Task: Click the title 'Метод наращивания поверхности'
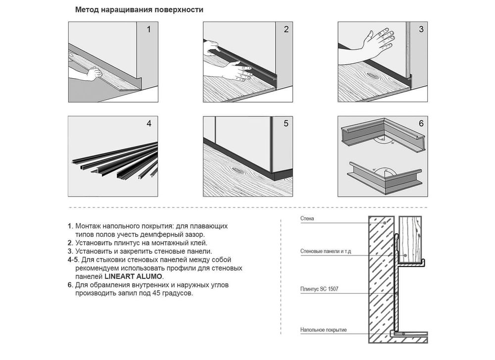click(139, 10)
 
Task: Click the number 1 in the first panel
click(148, 29)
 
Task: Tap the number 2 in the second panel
click(286, 29)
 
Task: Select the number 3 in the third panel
click(421, 29)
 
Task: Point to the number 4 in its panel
click(148, 123)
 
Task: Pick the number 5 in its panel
click(286, 123)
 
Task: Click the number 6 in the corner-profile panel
click(421, 123)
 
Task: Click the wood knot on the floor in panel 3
click(372, 75)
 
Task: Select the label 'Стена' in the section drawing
click(307, 218)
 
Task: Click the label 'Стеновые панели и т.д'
click(326, 252)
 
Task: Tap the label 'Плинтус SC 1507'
click(319, 289)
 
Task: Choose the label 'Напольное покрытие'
click(324, 330)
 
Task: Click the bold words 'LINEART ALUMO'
click(134, 277)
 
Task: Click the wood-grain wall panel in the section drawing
click(410, 239)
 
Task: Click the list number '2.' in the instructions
click(70, 243)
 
